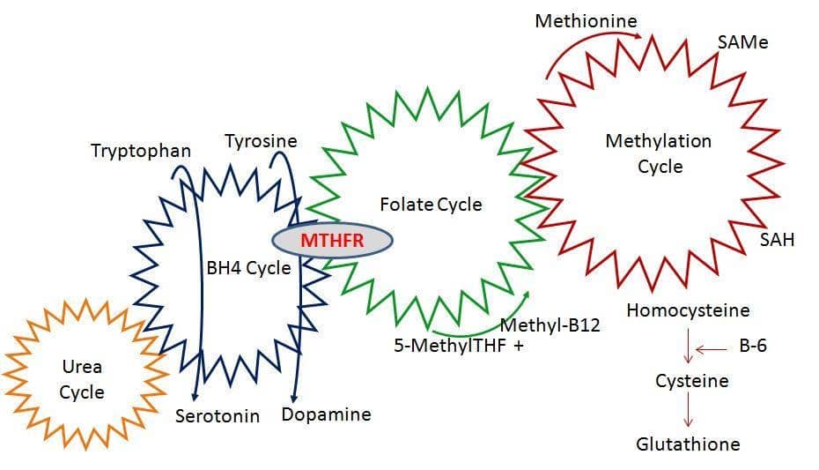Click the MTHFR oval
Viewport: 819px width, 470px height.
pos(331,239)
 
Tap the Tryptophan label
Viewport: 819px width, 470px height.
pos(141,151)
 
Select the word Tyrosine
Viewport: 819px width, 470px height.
pos(261,141)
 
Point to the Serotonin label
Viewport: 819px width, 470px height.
pos(218,415)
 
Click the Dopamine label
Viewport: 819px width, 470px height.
pos(326,414)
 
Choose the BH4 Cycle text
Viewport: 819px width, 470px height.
pos(247,268)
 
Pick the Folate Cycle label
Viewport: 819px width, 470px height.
pos(431,205)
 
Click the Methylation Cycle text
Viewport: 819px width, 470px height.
pos(660,153)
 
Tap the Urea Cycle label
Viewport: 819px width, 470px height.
pos(82,379)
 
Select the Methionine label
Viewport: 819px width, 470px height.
pos(586,20)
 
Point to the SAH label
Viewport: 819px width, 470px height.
pos(777,239)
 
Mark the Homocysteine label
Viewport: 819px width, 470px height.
pos(688,310)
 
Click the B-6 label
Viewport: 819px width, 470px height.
pos(753,346)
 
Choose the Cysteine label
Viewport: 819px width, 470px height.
pos(691,381)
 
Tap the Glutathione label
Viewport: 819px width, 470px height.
pos(688,444)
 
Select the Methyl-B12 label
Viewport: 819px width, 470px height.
pos(550,325)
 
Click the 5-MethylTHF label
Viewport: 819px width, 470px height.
pos(450,346)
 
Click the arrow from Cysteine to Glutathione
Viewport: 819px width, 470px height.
pos(689,412)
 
